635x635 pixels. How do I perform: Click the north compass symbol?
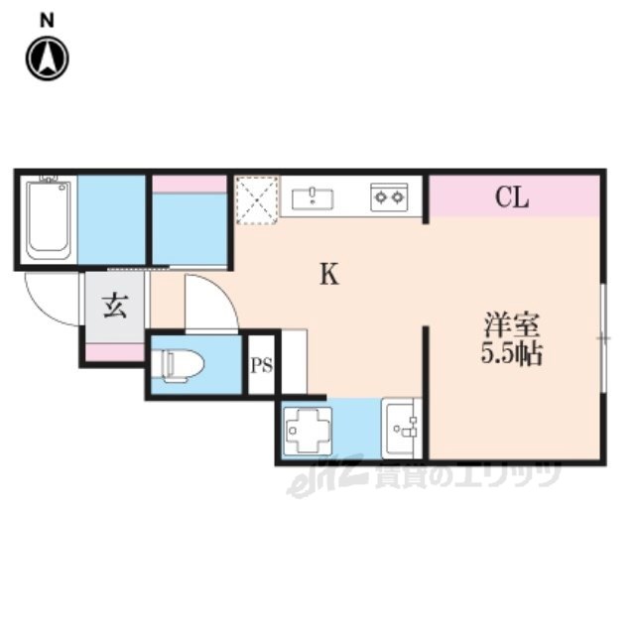48,59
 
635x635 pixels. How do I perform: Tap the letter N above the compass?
48,21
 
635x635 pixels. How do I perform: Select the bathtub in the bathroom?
48,220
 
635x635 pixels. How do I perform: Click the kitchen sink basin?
313,198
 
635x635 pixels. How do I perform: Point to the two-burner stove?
389,197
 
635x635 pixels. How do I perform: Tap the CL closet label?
512,198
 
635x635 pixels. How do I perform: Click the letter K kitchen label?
329,274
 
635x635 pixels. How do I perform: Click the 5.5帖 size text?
512,353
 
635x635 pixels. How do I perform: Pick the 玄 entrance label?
115,306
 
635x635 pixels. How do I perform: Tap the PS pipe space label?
261,366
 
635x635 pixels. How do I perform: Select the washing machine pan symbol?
308,430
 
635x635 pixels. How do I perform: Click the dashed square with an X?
257,199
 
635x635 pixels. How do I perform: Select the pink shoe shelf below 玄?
115,351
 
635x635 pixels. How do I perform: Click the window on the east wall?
603,337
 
